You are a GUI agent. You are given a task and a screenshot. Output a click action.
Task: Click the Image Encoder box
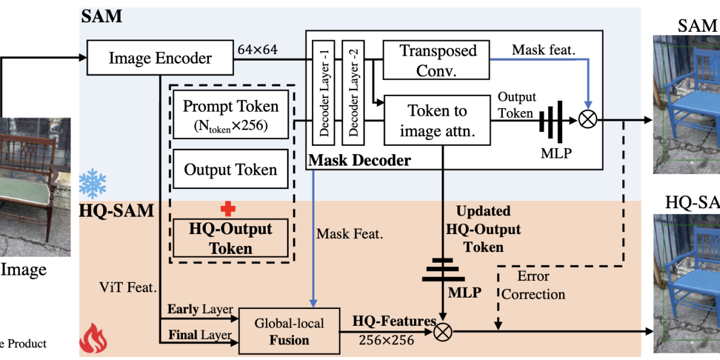160,58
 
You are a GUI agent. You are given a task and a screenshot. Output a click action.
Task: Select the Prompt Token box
230,114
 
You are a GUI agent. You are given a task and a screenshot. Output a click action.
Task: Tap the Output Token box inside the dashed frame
230,170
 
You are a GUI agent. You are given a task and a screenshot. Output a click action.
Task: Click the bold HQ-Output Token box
230,238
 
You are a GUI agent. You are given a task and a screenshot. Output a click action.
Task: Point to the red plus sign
228,208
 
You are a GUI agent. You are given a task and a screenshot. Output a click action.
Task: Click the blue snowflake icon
92,184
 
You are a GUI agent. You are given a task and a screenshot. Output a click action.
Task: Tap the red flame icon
93,339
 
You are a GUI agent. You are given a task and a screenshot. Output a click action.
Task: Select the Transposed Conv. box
438,60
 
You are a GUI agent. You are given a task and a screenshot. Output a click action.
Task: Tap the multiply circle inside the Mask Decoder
587,119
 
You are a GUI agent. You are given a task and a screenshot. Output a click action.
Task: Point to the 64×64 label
257,49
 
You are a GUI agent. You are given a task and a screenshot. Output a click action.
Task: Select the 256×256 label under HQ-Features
386,340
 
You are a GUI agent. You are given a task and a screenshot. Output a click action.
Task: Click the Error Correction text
533,286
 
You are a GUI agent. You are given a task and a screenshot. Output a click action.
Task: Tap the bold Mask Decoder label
359,160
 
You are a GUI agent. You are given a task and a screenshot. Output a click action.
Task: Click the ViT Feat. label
128,288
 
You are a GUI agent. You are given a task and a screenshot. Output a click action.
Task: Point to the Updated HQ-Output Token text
483,229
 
